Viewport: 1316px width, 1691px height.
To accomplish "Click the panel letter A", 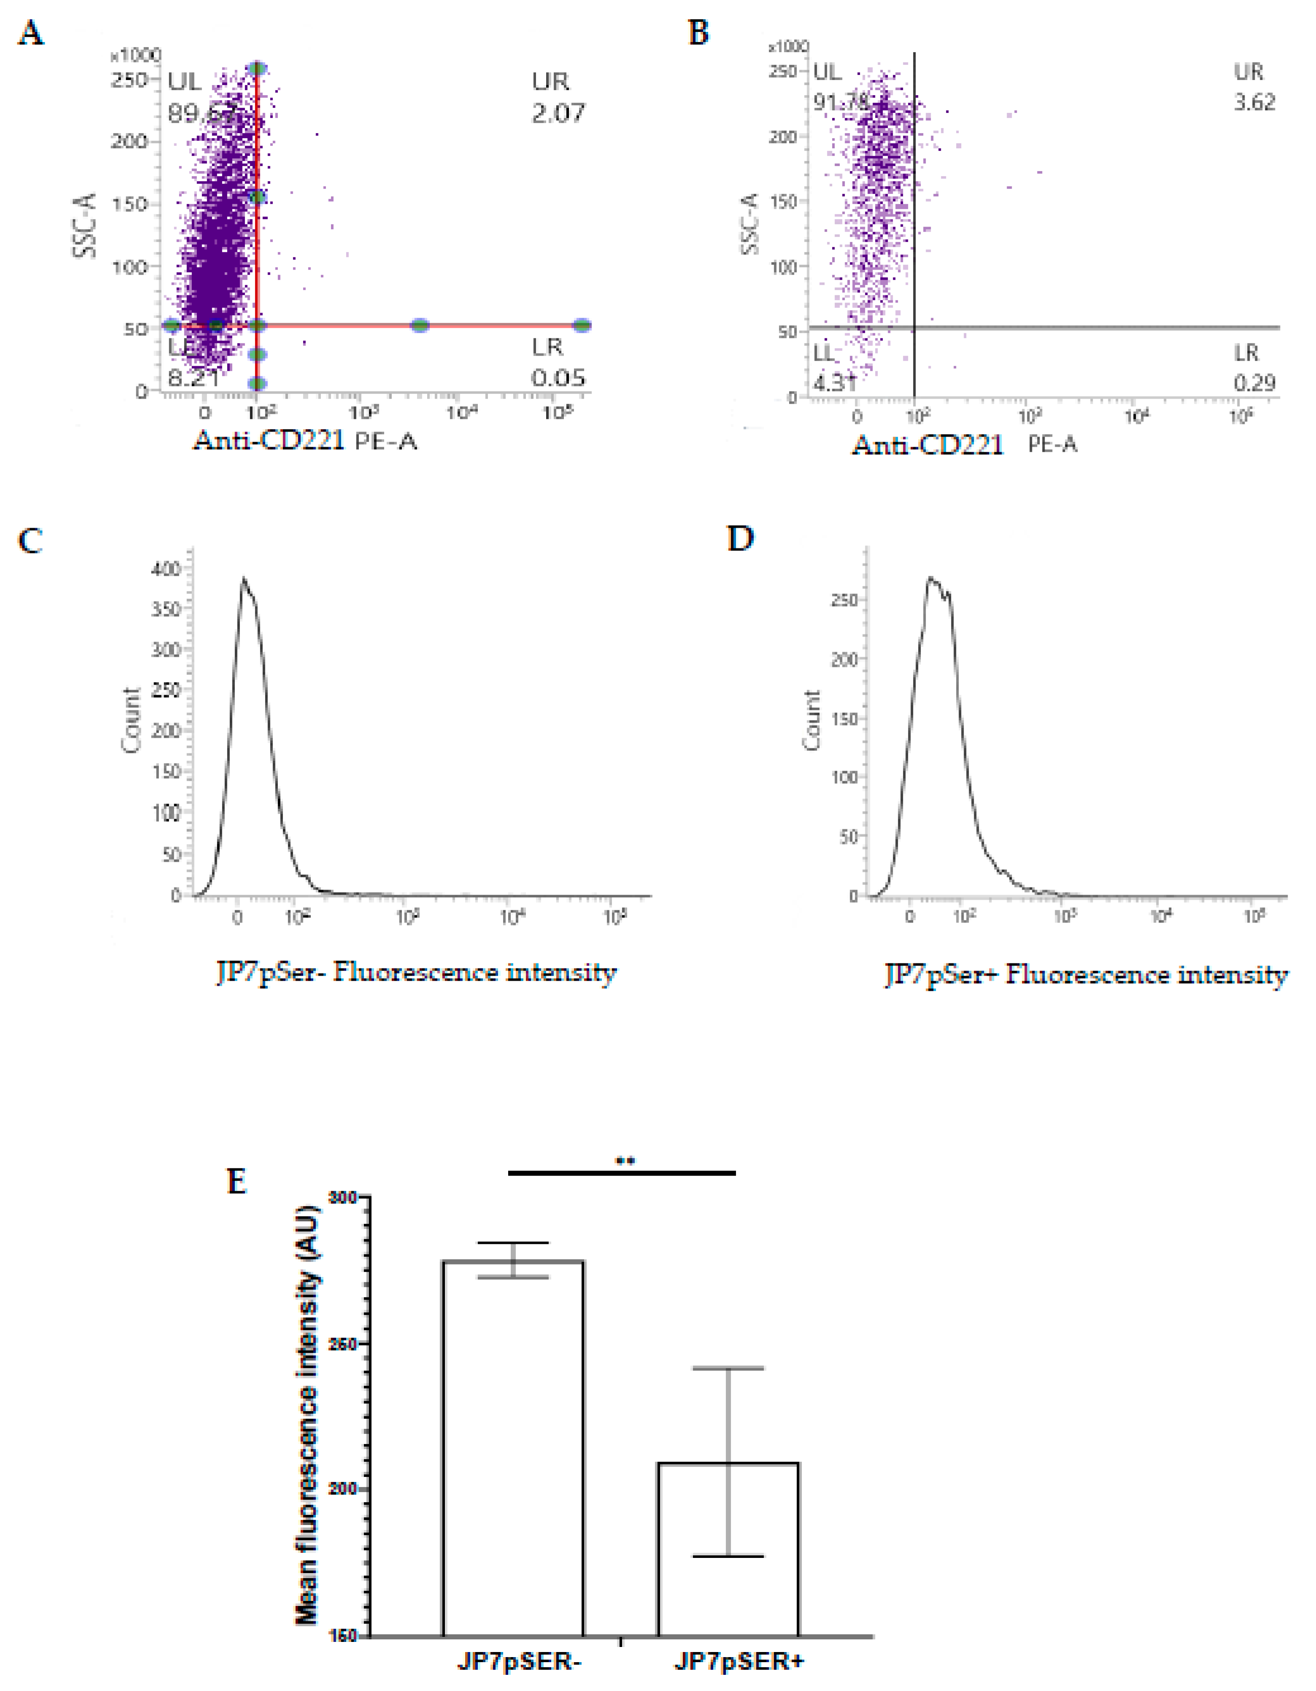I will click(30, 33).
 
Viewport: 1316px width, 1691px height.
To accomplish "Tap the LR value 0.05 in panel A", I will click(558, 378).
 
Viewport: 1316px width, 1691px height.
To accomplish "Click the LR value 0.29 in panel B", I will click(1254, 383).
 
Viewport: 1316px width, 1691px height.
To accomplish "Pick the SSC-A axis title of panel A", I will click(85, 225).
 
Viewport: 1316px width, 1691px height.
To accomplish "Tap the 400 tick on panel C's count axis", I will click(165, 569).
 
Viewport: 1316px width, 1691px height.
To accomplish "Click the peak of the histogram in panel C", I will click(243, 578).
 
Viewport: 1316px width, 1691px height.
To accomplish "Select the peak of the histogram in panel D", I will click(930, 578).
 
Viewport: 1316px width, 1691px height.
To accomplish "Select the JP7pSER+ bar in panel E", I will click(727, 1548).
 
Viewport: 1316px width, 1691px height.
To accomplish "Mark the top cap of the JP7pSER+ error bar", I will click(727, 1368).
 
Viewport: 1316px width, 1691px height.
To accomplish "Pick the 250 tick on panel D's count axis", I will click(844, 601).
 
